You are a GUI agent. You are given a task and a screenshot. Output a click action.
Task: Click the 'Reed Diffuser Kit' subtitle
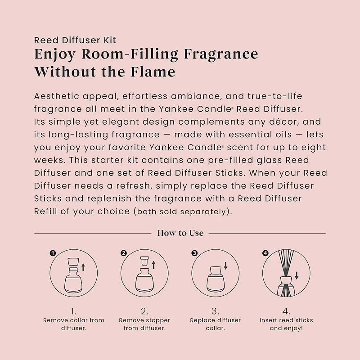click(75, 40)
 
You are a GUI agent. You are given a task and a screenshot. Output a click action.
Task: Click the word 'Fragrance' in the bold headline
click(221, 54)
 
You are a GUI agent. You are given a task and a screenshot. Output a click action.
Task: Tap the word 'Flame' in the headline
click(153, 72)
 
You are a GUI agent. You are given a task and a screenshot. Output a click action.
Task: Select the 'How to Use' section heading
click(180, 233)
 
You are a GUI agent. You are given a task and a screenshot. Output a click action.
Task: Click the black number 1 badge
click(53, 253)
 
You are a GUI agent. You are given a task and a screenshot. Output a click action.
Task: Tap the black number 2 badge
click(123, 253)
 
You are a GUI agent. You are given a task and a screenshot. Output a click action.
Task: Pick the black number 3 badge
click(194, 253)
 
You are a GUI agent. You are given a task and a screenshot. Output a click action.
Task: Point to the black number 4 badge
click(265, 253)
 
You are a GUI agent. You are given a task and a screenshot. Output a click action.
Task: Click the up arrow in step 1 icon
click(83, 267)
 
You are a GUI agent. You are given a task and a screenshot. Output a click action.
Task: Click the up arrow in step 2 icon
click(153, 265)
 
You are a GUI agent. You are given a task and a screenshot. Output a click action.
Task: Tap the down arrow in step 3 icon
click(225, 265)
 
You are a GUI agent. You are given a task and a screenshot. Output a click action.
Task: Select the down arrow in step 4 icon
click(297, 275)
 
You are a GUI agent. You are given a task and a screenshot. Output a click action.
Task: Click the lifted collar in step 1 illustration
click(73, 262)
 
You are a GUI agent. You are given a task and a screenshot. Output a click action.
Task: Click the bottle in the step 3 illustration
click(216, 279)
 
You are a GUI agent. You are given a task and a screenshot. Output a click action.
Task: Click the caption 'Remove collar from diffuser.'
click(74, 324)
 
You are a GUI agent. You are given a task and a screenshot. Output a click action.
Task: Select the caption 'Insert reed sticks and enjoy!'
click(286, 324)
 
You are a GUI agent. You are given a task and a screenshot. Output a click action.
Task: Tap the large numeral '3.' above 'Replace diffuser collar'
click(216, 311)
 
